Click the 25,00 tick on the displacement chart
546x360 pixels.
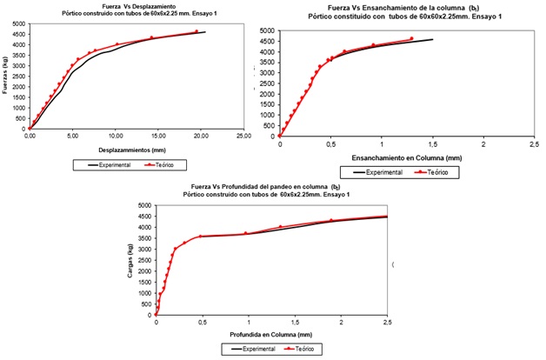click(245, 136)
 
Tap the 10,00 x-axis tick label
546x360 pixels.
click(116, 136)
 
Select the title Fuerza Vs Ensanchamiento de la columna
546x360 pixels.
click(407, 8)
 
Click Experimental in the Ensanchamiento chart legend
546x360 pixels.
click(388, 172)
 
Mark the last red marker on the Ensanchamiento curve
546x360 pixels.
click(411, 38)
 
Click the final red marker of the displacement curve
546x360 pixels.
click(196, 31)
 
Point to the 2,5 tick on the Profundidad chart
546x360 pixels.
click(387, 323)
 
